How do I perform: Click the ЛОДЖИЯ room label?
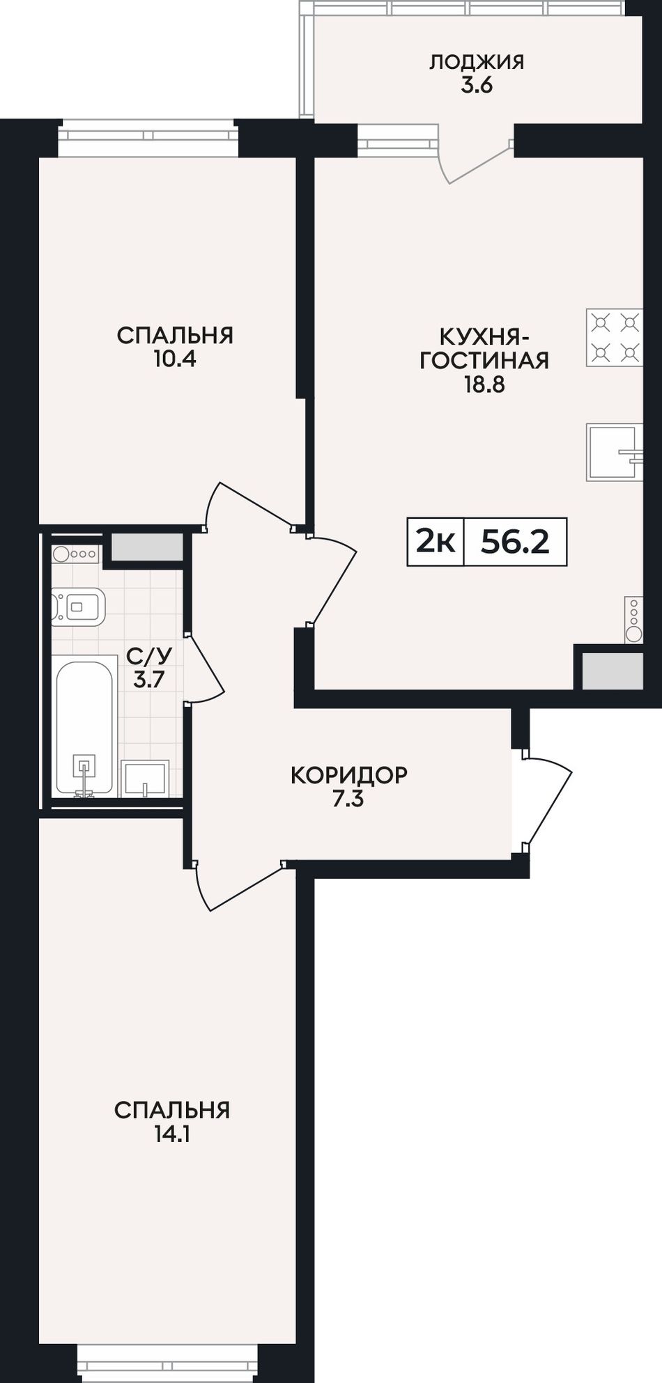coord(477,62)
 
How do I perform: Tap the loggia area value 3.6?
coord(477,86)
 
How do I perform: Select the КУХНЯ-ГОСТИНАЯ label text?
coord(484,348)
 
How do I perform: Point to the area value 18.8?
coord(484,384)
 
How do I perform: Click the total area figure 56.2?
coord(515,542)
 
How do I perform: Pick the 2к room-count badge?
coord(436,542)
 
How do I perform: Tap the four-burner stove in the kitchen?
coord(614,338)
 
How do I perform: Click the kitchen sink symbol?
coord(615,452)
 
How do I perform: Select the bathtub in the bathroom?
coord(84,727)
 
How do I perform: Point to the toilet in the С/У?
coord(77,607)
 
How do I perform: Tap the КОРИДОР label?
coord(348,775)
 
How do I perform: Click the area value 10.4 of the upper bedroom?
coord(174,359)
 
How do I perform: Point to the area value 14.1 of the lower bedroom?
coord(172,1134)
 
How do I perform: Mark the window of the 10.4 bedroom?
coord(148,139)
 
